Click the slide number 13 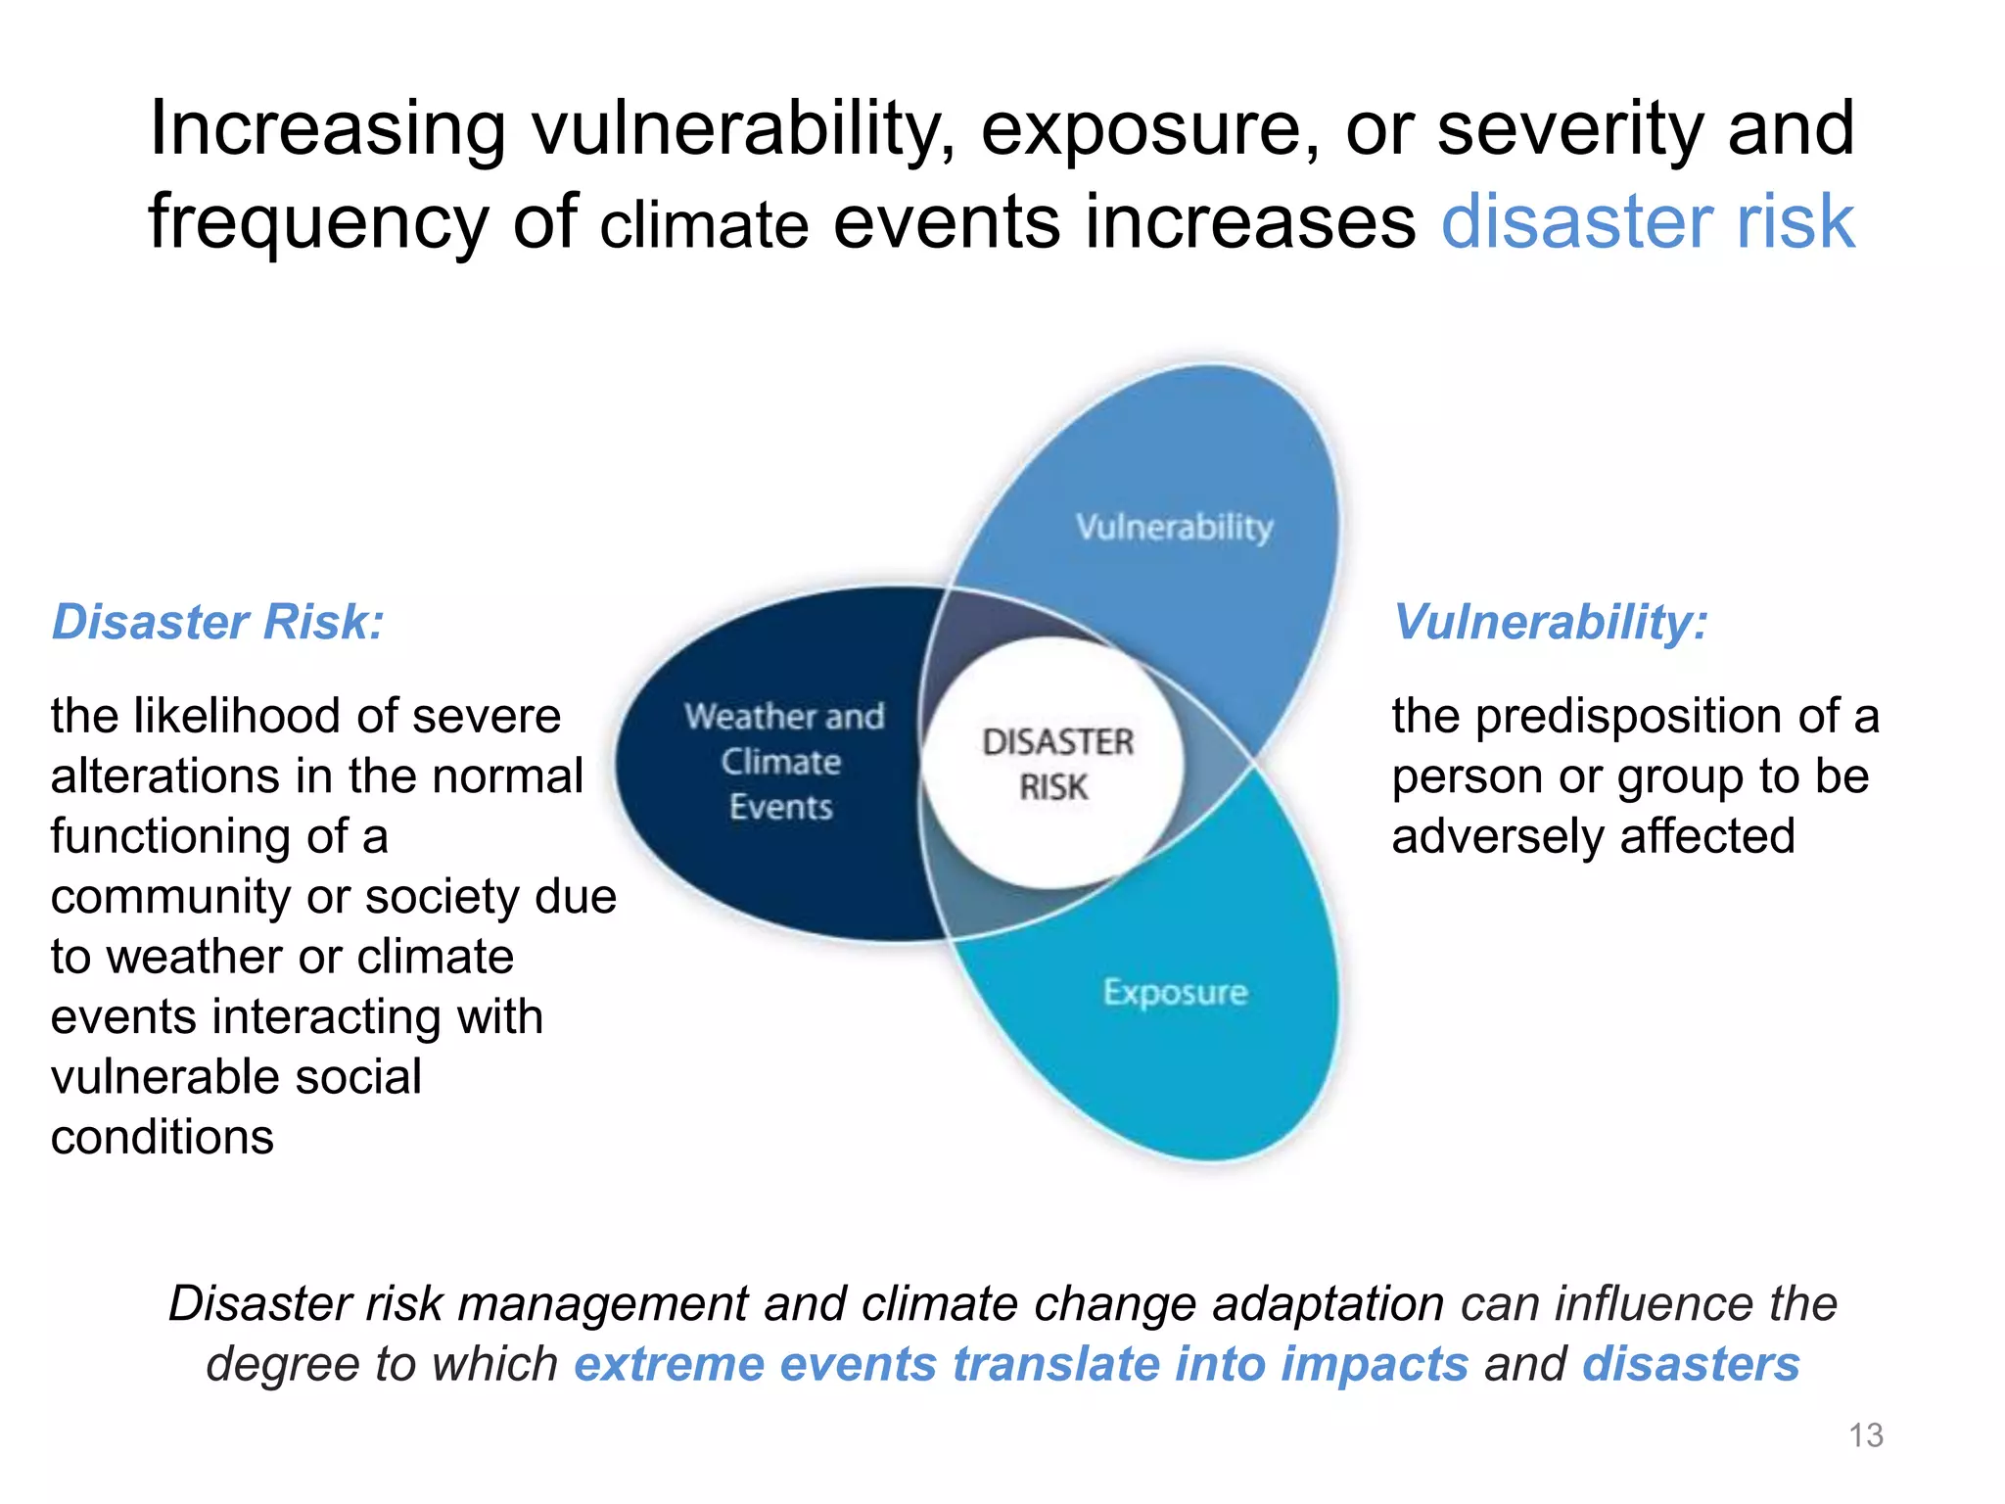[x=1865, y=1434]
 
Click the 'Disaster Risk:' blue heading [x=217, y=622]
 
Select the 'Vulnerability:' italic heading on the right [x=1550, y=622]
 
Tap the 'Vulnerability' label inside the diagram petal [x=1174, y=527]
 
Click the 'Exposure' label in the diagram [x=1175, y=992]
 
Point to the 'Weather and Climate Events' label [x=783, y=761]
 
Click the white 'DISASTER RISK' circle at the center [x=1055, y=763]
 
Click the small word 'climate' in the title [x=704, y=225]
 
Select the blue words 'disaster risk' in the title [x=1648, y=221]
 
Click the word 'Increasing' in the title [x=328, y=129]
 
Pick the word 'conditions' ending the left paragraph [x=163, y=1137]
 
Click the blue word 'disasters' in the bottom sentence [x=1691, y=1364]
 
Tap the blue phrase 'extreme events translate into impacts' [x=1020, y=1364]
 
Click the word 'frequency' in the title [x=318, y=221]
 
